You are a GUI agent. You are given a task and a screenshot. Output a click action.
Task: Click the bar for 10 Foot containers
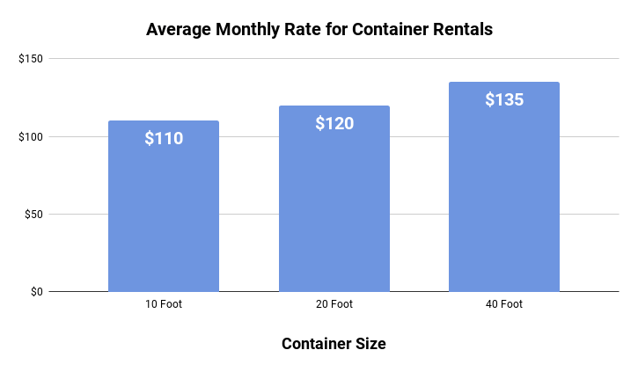(164, 220)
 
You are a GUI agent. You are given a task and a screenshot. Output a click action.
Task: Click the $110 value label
(164, 138)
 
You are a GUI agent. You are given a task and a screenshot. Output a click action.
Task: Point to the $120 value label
(334, 123)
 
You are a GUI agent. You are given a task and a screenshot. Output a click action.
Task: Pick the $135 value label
(504, 99)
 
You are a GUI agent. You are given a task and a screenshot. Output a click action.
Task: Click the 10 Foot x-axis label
(164, 305)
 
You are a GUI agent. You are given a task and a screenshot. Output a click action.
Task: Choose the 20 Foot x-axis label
(334, 305)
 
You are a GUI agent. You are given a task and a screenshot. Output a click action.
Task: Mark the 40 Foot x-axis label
(504, 305)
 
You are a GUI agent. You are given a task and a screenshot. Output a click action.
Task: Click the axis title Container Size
(334, 344)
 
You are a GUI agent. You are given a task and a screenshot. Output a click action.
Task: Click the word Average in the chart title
(179, 29)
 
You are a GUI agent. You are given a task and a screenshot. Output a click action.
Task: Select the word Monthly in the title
(250, 29)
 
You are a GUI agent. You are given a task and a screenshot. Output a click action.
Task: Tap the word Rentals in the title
(463, 29)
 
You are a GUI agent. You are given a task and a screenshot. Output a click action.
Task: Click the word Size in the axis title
(370, 344)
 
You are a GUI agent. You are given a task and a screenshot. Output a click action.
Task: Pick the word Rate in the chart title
(306, 29)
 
